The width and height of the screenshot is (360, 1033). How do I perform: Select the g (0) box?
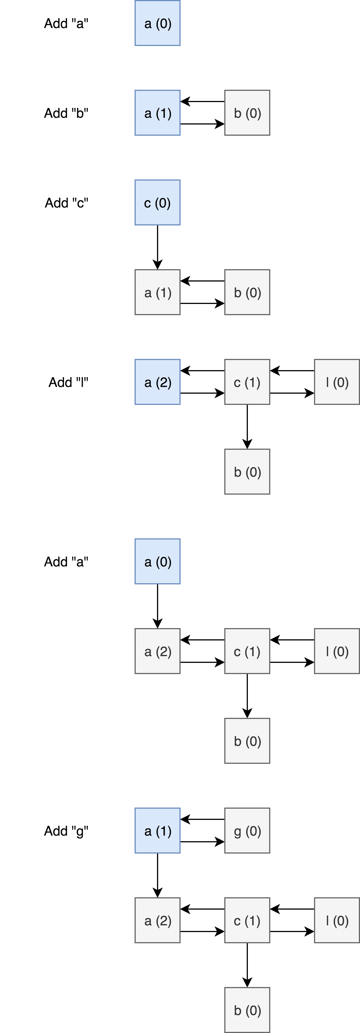click(247, 831)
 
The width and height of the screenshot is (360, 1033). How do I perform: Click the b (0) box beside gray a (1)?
click(247, 292)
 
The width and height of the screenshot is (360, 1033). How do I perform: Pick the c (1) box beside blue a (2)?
click(247, 382)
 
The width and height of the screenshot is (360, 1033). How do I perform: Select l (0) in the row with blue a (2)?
click(337, 382)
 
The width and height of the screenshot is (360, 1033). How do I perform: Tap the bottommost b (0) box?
click(247, 1010)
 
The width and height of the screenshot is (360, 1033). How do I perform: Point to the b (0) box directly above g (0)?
click(247, 741)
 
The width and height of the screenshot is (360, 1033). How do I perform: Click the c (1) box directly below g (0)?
click(247, 920)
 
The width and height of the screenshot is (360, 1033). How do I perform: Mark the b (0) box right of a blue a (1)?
click(247, 113)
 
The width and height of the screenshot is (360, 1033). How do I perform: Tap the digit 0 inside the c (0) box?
click(163, 203)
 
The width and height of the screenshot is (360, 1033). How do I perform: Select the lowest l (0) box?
click(337, 920)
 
